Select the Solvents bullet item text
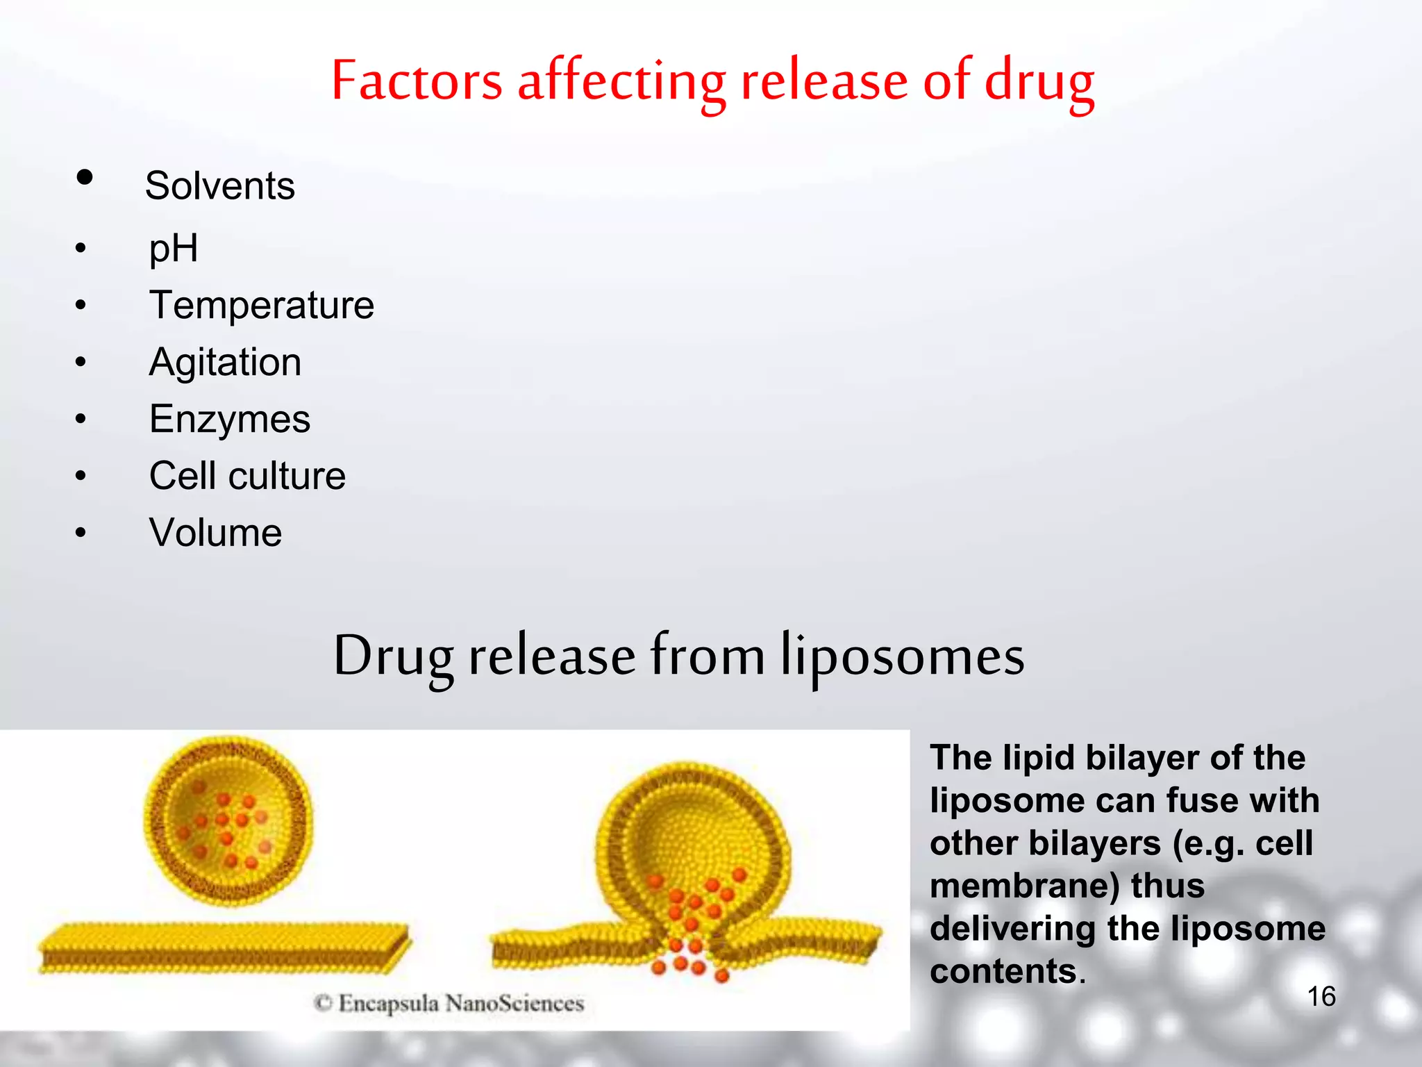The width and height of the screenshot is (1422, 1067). tap(219, 186)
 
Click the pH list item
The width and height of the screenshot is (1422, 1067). tap(174, 248)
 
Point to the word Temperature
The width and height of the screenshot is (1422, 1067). tap(262, 305)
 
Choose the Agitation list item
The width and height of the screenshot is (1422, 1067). tap(225, 362)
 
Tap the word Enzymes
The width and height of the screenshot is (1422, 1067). tap(230, 419)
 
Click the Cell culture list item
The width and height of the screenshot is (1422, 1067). tap(247, 476)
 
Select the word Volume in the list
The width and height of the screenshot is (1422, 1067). tap(215, 533)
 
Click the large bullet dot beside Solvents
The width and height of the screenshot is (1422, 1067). tap(85, 177)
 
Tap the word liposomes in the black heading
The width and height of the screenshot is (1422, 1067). tap(903, 656)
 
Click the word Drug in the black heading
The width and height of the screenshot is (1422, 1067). tap(393, 656)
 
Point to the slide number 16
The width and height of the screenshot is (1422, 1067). tap(1321, 996)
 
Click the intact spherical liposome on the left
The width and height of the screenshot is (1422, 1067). tap(228, 821)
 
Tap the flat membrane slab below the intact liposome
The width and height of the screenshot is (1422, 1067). tap(224, 948)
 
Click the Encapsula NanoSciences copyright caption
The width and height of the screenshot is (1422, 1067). tap(449, 1003)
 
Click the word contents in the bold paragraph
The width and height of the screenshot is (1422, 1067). tap(1003, 971)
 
